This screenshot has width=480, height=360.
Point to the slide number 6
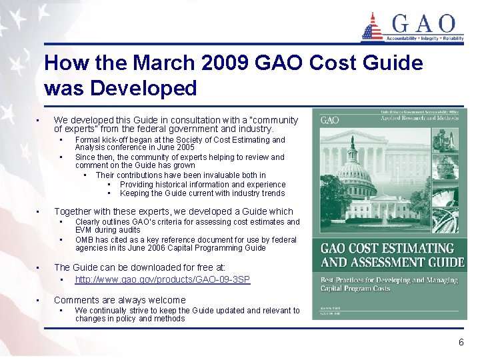[461, 342]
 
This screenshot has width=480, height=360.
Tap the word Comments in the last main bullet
[77, 300]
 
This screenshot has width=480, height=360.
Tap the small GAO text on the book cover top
[330, 120]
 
